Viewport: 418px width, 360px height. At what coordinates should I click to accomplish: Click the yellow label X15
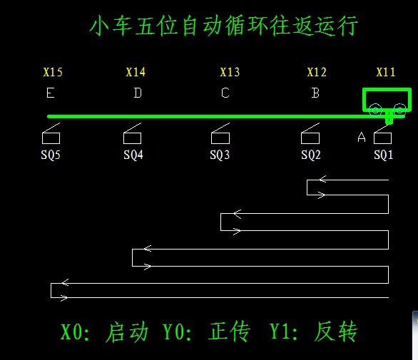point(53,72)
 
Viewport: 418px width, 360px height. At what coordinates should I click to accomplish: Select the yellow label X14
point(136,72)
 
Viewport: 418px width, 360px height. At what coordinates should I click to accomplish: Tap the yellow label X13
point(230,72)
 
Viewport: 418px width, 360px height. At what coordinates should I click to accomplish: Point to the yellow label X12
point(317,72)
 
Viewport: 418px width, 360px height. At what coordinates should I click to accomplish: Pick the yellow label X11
point(385,72)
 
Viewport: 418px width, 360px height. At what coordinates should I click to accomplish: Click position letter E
point(51,93)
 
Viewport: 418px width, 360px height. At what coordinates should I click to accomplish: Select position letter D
point(138,93)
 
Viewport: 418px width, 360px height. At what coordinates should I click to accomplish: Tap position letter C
point(225,93)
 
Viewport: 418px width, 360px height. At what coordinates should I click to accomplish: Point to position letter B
point(315,93)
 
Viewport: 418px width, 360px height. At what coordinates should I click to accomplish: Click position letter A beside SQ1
point(362,138)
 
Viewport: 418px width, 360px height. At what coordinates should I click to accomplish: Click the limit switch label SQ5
point(51,155)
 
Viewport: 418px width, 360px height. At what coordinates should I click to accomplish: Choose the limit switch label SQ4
point(133,155)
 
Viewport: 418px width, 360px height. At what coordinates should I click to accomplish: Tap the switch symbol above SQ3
point(220,133)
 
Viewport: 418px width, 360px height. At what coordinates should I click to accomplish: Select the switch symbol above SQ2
point(310,133)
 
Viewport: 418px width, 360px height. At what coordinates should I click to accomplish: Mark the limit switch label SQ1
point(384,155)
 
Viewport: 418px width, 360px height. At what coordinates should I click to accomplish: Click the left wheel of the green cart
point(375,110)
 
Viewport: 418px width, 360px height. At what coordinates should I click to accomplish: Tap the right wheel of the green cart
point(399,110)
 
